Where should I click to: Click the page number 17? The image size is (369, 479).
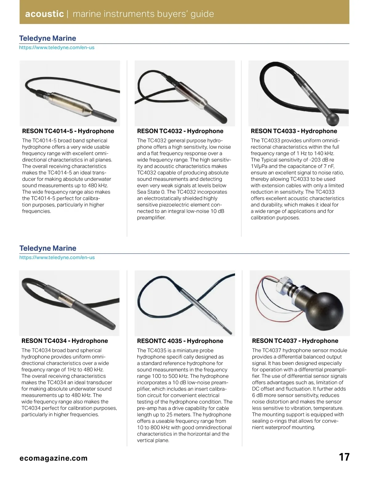[x=344, y=457]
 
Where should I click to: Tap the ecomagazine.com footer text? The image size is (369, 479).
[x=53, y=458]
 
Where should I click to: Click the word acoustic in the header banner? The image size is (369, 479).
[x=44, y=14]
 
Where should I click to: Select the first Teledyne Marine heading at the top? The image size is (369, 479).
[x=47, y=38]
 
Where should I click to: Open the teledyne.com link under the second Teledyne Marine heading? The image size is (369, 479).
[x=57, y=258]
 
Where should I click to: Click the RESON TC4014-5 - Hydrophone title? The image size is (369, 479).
[x=68, y=131]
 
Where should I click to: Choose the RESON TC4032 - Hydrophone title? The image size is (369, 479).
[x=180, y=131]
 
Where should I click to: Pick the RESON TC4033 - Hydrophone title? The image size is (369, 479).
[x=294, y=131]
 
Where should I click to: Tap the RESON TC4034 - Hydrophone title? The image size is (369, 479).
[x=65, y=341]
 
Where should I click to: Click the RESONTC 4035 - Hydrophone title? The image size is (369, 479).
[x=180, y=341]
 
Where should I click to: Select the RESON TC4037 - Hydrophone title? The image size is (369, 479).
[x=295, y=341]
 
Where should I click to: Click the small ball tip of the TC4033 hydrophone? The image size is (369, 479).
[x=332, y=119]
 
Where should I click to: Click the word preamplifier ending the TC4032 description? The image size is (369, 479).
[x=151, y=218]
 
